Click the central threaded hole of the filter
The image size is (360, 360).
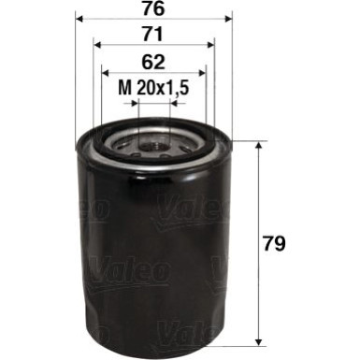click(x=153, y=145)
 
